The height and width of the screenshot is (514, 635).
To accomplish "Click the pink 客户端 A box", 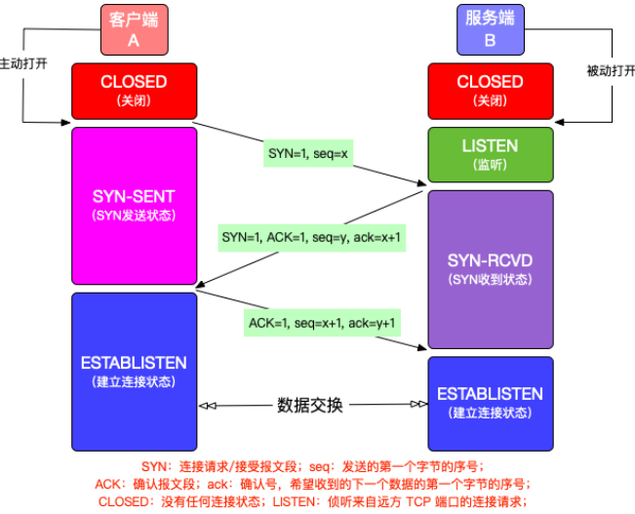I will click(135, 29).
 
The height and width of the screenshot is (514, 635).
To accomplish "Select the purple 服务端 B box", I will click(490, 29).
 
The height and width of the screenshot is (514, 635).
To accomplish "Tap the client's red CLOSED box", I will click(134, 90).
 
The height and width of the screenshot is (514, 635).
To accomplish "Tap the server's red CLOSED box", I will click(490, 90).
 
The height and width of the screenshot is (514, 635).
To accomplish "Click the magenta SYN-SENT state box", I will click(134, 206).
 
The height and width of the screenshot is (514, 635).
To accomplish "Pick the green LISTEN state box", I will click(490, 154).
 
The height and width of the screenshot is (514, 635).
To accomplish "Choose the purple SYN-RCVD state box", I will click(490, 268).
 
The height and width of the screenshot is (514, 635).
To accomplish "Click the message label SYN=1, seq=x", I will click(308, 154).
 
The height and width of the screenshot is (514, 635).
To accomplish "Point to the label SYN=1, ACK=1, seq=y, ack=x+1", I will click(310, 237).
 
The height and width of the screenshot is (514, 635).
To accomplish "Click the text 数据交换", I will click(310, 405).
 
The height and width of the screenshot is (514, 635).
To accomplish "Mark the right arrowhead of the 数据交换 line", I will click(419, 405).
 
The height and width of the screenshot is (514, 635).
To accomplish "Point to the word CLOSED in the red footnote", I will click(125, 501).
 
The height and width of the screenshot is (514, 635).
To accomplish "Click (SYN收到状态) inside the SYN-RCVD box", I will click(490, 280).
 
